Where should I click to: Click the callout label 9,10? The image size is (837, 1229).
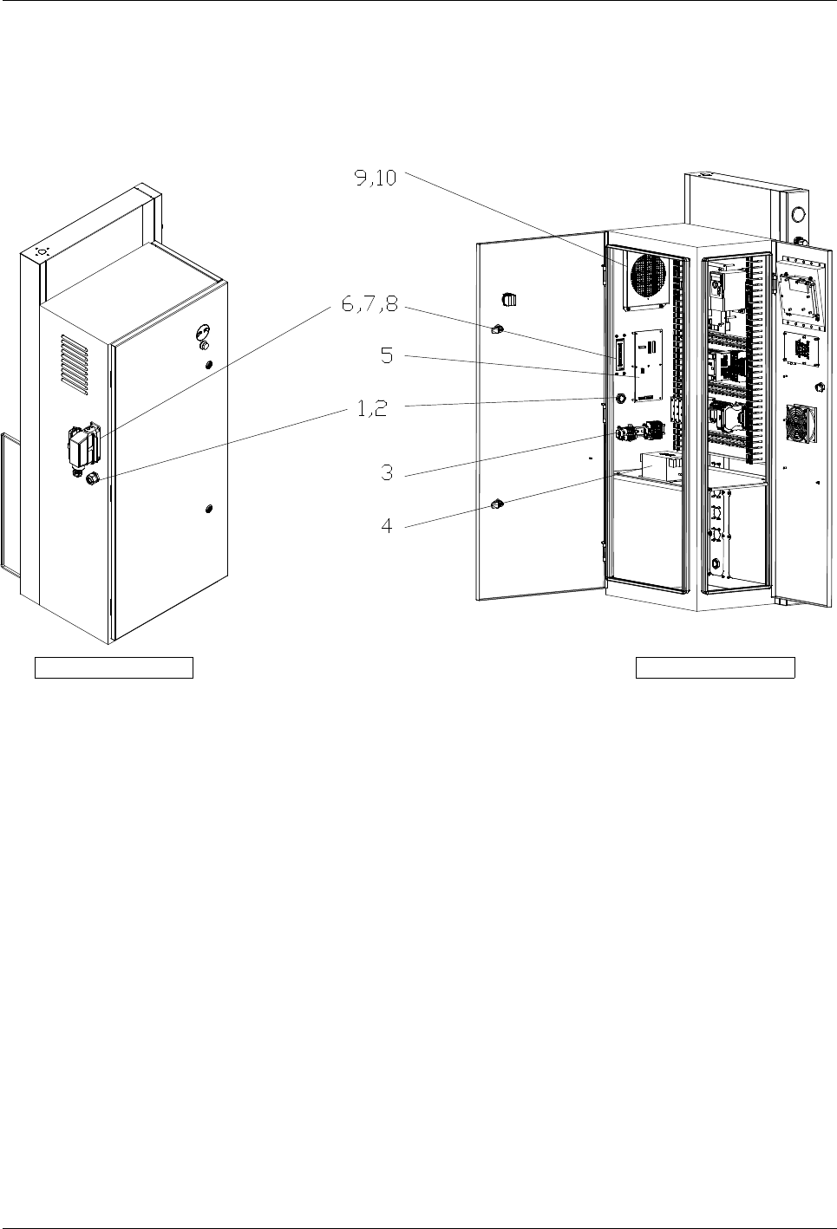click(x=375, y=178)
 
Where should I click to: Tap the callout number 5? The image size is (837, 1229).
click(x=388, y=356)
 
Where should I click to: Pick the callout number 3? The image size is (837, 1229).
click(x=388, y=473)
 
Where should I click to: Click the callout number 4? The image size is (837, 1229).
click(x=388, y=524)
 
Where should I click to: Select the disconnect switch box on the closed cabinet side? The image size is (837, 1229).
click(x=84, y=444)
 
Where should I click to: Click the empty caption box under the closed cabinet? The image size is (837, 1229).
click(x=114, y=667)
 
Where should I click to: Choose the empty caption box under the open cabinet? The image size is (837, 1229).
click(x=716, y=667)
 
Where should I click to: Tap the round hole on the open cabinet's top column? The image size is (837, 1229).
click(x=798, y=213)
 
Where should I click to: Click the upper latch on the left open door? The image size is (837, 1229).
click(x=498, y=329)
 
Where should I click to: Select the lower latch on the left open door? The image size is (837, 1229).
click(x=498, y=504)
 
